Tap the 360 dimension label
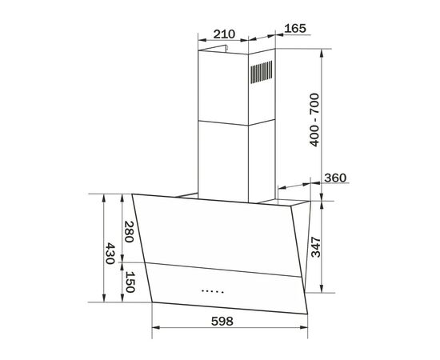tap(336, 178)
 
